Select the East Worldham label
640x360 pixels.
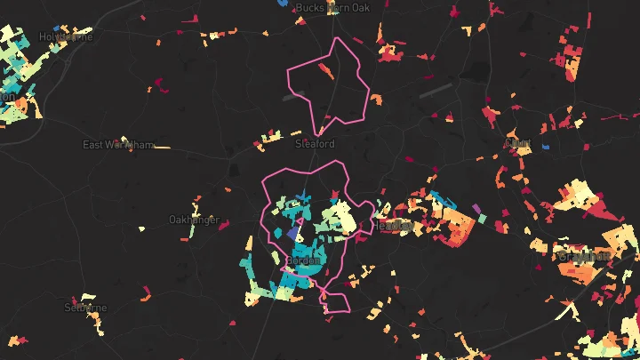click(117, 144)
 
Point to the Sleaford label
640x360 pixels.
click(315, 143)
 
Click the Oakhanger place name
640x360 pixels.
click(193, 219)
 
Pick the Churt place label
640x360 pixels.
click(517, 142)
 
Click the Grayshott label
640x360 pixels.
click(585, 256)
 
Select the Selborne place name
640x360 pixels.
click(85, 308)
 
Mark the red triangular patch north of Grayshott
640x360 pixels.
click(596, 210)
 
